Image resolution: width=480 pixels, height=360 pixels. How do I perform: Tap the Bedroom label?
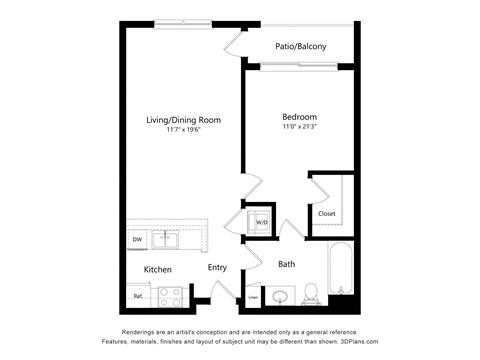[299, 116]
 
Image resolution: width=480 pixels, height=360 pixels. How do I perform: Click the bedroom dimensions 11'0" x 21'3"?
[299, 127]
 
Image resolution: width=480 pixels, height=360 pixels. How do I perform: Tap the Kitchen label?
[158, 269]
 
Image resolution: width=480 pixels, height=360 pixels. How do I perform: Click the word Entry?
[217, 267]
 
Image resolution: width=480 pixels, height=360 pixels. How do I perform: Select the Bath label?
[286, 264]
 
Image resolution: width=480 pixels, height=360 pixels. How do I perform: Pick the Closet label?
[326, 214]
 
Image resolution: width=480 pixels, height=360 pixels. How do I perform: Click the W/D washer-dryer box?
[262, 222]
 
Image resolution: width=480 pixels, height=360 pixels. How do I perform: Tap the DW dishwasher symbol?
[137, 240]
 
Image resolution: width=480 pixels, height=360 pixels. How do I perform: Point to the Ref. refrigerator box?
[137, 295]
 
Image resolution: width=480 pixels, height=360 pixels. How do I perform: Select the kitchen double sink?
[172, 239]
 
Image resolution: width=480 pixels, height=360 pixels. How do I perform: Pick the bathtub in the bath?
[341, 267]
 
